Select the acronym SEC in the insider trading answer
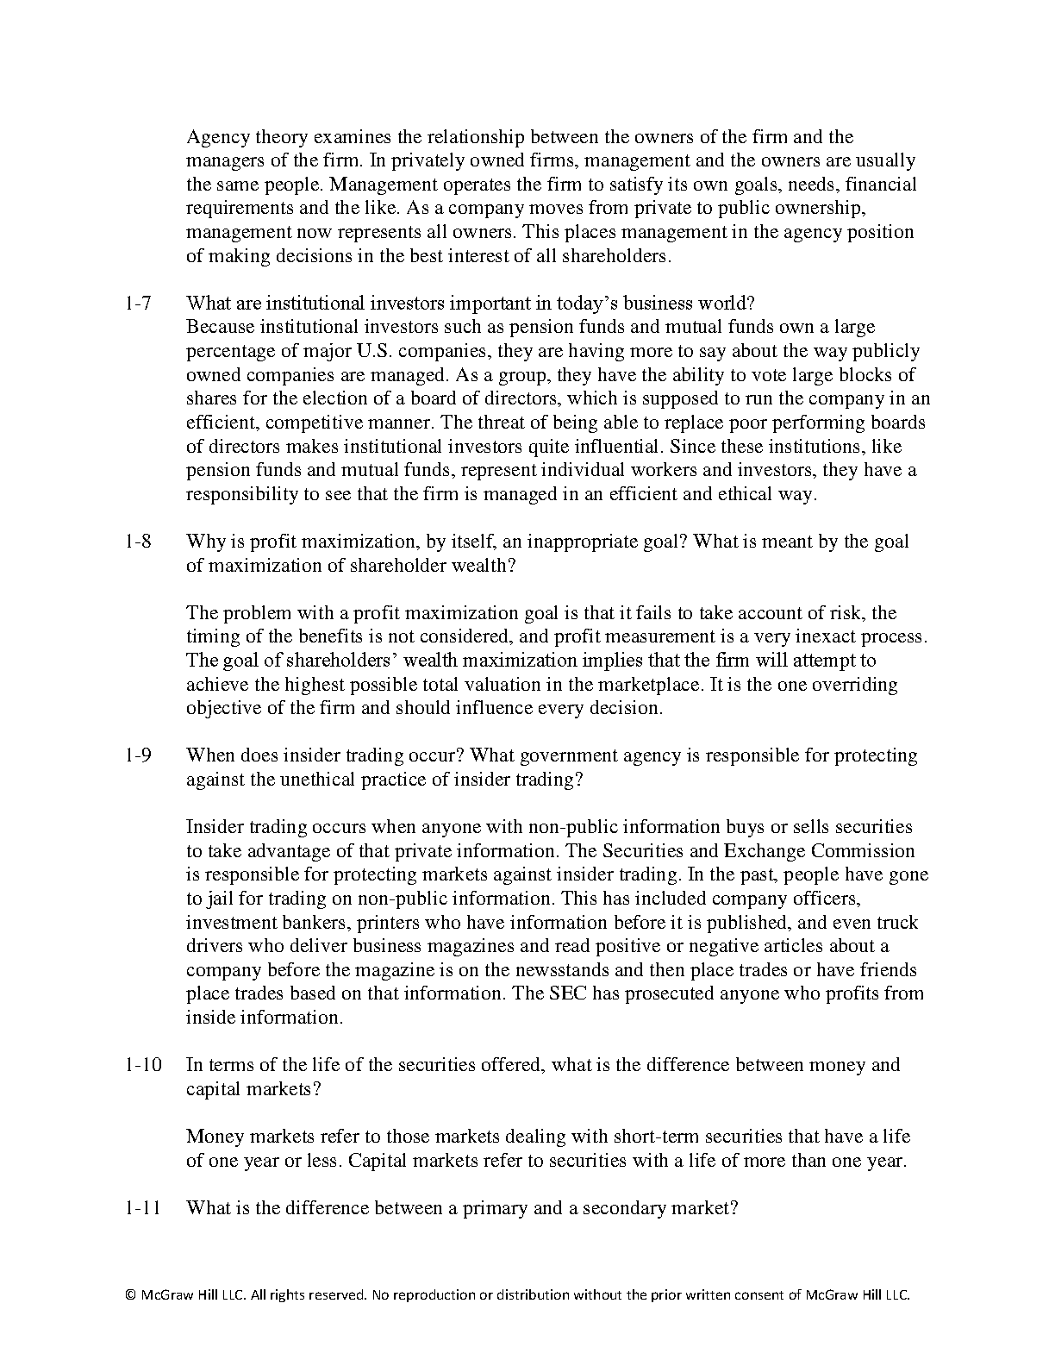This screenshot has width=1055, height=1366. coord(570,993)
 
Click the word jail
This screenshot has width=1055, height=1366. coord(222,899)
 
